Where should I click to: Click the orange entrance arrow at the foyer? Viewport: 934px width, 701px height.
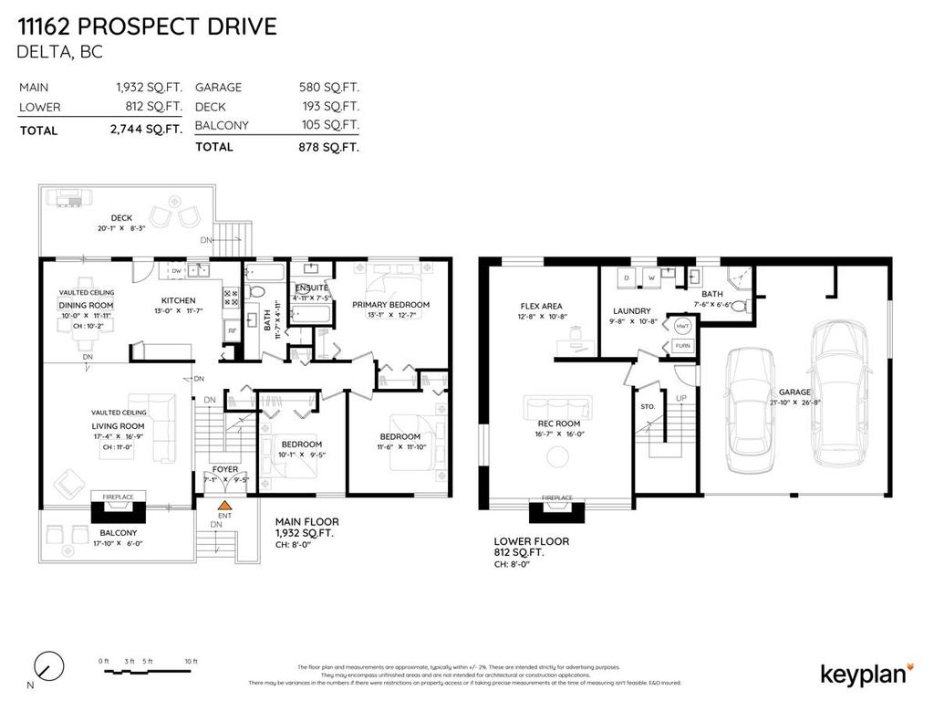pyautogui.click(x=223, y=504)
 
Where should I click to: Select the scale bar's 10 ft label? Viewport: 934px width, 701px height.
pyautogui.click(x=190, y=661)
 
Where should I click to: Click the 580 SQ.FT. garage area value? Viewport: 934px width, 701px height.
pyautogui.click(x=328, y=88)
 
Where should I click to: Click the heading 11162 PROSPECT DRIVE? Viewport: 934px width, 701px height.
pyautogui.click(x=147, y=26)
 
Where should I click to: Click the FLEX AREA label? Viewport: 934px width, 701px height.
pyautogui.click(x=541, y=307)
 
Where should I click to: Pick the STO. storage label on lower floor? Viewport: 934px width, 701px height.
pyautogui.click(x=649, y=405)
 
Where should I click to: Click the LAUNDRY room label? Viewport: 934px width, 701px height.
pyautogui.click(x=631, y=311)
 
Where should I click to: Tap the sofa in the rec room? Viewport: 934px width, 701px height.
pyautogui.click(x=557, y=406)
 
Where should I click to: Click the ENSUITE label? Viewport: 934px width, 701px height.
pyautogui.click(x=311, y=288)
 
